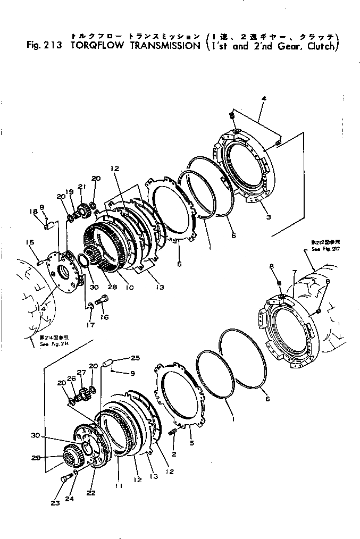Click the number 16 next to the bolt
coord(105,317)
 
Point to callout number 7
coord(294,273)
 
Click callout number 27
coord(81,373)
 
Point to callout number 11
coord(116,486)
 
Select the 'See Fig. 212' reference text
coord(323,249)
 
